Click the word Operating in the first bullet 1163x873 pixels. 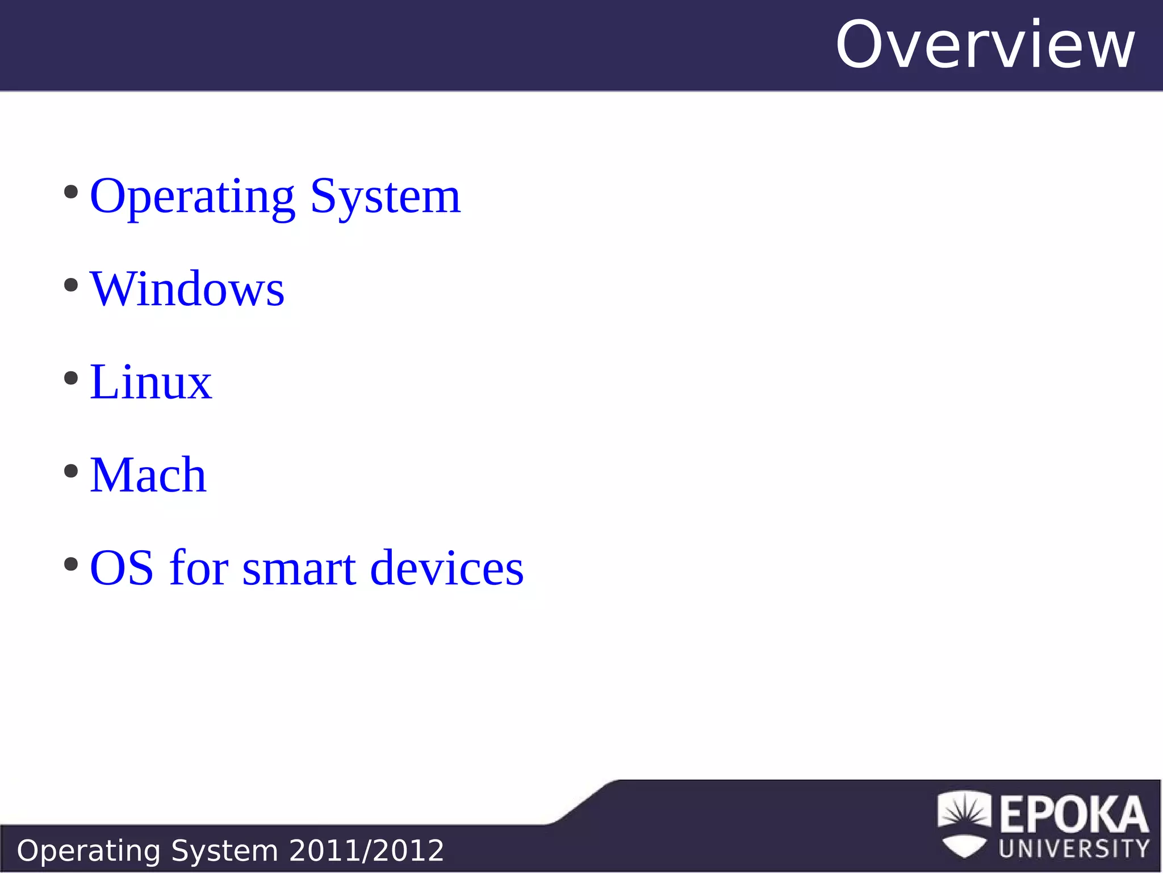pos(192,197)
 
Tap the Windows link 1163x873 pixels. pos(187,289)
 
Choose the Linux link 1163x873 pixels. pos(150,382)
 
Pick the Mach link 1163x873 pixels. pos(148,475)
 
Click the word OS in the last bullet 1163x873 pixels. pos(122,568)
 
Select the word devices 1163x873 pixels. pos(447,568)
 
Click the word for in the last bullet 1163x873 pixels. pos(199,568)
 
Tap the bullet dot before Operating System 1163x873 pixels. pos(71,192)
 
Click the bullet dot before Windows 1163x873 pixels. pos(71,285)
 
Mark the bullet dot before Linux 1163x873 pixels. pos(71,378)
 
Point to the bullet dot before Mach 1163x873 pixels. pos(71,471)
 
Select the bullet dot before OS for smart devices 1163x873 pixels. pos(71,564)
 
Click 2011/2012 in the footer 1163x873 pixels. pos(366,851)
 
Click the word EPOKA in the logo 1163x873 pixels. pos(1074,814)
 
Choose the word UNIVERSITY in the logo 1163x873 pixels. pos(1074,849)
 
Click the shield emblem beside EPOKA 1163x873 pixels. pos(964,824)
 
